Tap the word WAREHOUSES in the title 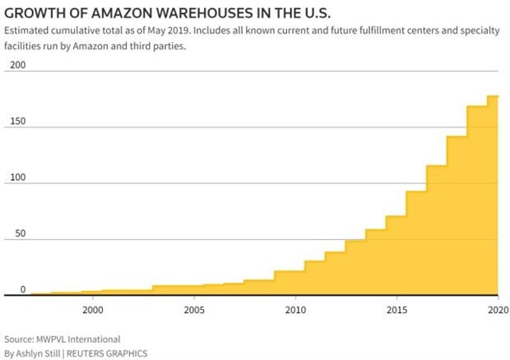tap(204, 13)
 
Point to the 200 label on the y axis tap(17, 65)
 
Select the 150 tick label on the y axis tap(17, 121)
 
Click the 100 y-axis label tap(17, 178)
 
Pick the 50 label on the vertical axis tap(21, 233)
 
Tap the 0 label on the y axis tap(23, 289)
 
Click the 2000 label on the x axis tap(93, 310)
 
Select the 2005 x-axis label tap(194, 310)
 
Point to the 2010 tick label tap(295, 310)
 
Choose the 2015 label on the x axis tap(396, 310)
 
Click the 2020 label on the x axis tap(498, 310)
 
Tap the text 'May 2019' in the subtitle tap(168, 30)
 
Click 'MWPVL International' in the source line tap(78, 339)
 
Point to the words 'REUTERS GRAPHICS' tap(107, 353)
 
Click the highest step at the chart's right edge tap(493, 96)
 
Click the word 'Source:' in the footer tap(19, 339)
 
